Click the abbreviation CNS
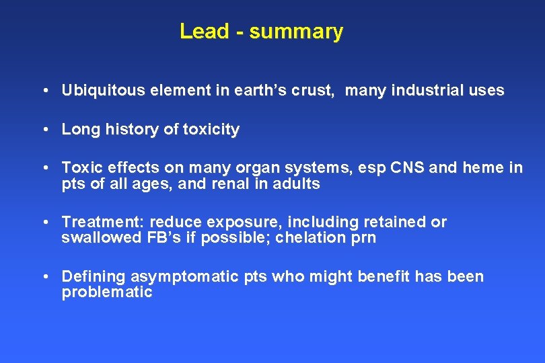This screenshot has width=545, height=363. [406, 168]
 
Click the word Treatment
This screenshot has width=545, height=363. [103, 223]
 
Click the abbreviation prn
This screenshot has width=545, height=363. [363, 239]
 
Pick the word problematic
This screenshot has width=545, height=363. [107, 292]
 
